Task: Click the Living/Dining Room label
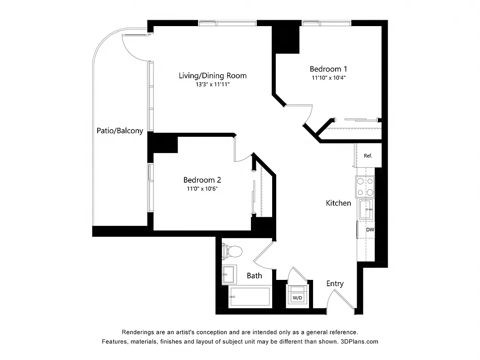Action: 212,76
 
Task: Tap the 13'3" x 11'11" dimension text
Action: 212,85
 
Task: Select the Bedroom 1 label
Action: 328,69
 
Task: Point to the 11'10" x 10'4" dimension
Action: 328,78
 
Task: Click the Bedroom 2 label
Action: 202,180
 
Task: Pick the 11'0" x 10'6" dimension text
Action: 202,189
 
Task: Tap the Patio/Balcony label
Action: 120,131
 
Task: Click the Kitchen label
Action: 338,203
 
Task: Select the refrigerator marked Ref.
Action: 368,156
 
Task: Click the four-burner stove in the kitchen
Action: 365,187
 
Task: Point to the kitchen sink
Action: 366,209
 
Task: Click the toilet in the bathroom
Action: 232,250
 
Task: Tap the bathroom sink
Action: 229,274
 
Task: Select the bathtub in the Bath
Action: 250,297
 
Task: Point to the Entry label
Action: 335,283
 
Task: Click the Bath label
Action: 254,275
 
